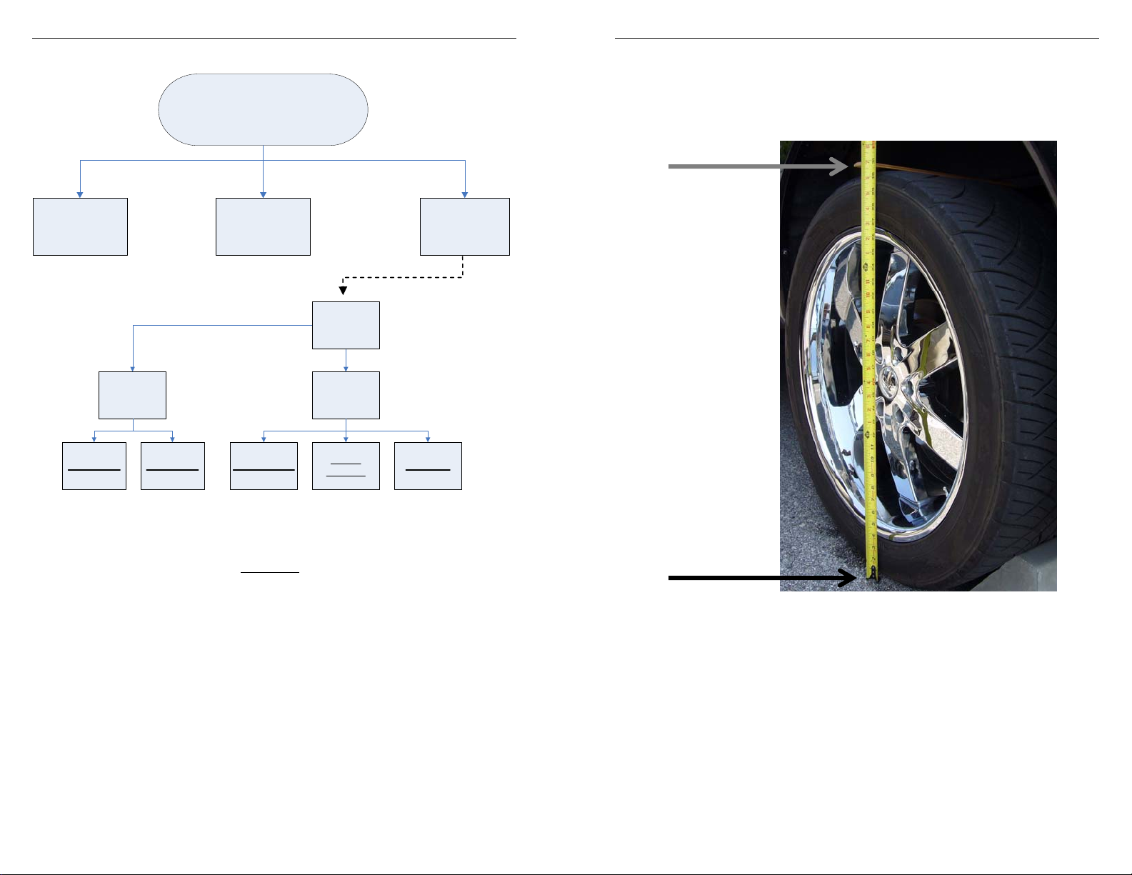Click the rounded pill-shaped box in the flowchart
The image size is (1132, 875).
[x=263, y=109]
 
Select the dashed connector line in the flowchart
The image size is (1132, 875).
[x=404, y=277]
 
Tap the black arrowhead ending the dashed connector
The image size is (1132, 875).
[x=343, y=290]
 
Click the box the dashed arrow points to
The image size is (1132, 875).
[x=346, y=325]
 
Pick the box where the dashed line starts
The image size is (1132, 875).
[x=464, y=226]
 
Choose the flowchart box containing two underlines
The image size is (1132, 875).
[x=346, y=466]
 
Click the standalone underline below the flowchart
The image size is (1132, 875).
[x=269, y=572]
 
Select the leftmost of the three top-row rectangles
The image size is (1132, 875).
[x=80, y=226]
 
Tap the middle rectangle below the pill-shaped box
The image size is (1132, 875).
[x=263, y=226]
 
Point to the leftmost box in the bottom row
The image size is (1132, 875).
[x=94, y=466]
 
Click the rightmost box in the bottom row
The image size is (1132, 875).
[x=428, y=466]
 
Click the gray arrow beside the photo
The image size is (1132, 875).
[x=757, y=166]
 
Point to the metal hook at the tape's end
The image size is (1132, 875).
[x=873, y=572]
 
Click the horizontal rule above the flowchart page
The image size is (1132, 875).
[x=274, y=38]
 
